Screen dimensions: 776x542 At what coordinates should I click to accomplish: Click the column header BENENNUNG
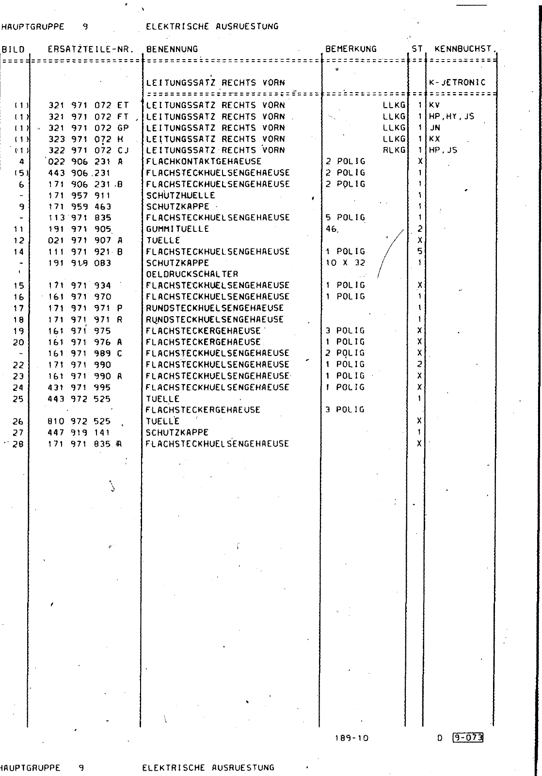[172, 49]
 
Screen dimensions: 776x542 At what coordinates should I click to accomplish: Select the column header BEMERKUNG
[351, 49]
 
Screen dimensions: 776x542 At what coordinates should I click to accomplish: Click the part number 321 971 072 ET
[89, 105]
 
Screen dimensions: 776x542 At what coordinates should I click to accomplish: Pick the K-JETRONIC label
[457, 82]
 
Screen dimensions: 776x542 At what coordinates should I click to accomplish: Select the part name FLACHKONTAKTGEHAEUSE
[204, 162]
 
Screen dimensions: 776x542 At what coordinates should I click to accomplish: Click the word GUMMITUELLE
[177, 229]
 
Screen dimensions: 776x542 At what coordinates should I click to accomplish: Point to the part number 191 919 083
[80, 263]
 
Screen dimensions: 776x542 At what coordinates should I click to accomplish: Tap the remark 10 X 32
[346, 263]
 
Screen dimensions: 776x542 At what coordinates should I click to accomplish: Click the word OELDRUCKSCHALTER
[192, 274]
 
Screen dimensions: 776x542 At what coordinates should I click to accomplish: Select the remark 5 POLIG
[346, 218]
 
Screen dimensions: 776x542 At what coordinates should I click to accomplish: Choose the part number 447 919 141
[80, 432]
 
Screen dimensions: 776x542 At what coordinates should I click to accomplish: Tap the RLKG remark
[394, 150]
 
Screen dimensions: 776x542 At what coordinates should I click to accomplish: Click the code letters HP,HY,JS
[451, 116]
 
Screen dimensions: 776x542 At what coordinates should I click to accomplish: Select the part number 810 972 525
[80, 421]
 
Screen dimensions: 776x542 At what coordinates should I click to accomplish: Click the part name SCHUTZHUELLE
[180, 195]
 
